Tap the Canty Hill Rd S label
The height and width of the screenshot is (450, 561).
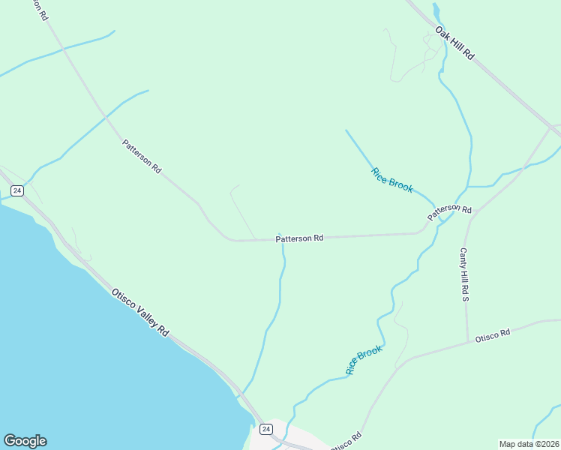tap(464, 274)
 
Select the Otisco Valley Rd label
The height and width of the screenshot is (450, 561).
tap(140, 312)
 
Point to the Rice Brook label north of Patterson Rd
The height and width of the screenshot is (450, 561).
tap(391, 180)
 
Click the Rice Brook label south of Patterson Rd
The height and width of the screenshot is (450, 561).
tap(364, 360)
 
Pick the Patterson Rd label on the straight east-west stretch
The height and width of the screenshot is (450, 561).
tap(299, 238)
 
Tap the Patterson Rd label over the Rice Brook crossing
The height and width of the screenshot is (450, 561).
tap(449, 212)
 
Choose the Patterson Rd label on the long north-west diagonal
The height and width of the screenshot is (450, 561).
tap(142, 156)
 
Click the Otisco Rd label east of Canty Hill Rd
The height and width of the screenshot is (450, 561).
tap(492, 336)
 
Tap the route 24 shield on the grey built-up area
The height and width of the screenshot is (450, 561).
tap(265, 428)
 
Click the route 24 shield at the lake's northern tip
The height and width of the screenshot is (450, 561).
tap(17, 190)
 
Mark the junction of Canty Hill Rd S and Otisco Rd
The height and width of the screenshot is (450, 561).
tap(467, 341)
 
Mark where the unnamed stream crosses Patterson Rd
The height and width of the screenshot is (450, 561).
tap(283, 239)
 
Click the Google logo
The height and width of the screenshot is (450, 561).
tap(25, 441)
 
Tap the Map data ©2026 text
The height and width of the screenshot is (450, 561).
tap(529, 444)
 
